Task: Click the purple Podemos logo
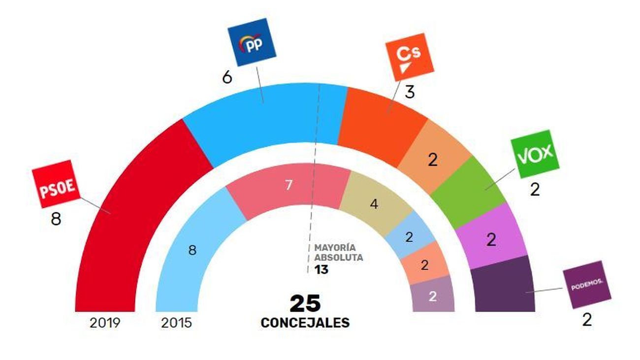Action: [587, 285]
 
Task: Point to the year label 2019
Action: [105, 323]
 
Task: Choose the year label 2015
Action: [177, 323]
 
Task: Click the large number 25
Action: [305, 304]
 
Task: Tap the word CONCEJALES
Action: [305, 323]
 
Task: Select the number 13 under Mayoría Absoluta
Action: [321, 270]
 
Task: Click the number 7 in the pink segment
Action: [289, 186]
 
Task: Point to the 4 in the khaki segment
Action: [374, 204]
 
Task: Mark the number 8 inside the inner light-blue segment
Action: [192, 250]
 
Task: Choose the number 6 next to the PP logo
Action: [227, 78]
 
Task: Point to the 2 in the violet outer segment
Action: [491, 240]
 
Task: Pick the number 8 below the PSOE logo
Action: [56, 219]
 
